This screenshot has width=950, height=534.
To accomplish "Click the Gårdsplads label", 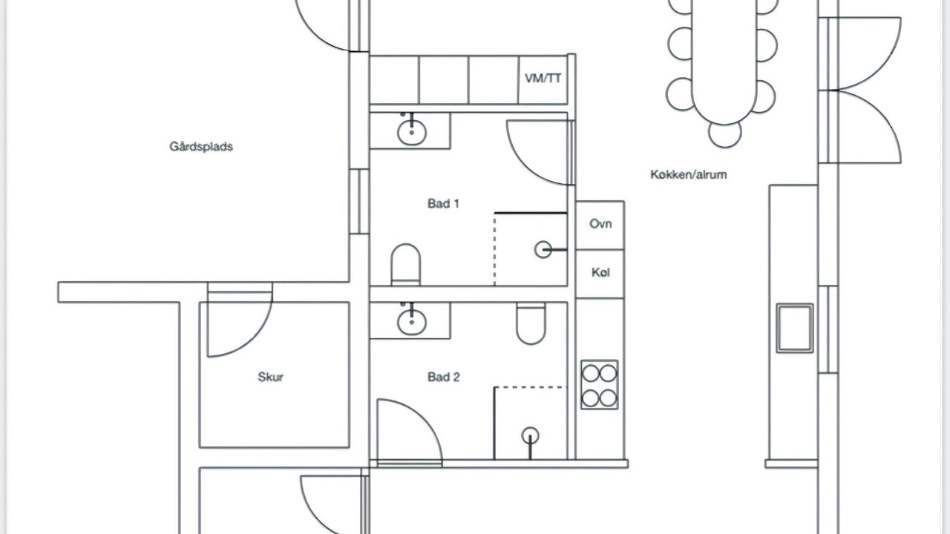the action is point(201,147).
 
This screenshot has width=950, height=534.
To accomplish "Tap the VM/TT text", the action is point(543,79).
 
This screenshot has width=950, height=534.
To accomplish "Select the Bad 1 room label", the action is point(443,204).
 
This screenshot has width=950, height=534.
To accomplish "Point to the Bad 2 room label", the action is point(444,377).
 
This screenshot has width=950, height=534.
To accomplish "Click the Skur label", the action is point(271,377).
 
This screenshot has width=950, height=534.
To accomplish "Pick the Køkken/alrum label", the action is point(688,174).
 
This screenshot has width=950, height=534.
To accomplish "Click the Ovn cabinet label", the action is point(600,224).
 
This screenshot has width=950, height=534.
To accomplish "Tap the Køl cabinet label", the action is point(600,272).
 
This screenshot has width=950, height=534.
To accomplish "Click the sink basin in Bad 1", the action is point(411,132).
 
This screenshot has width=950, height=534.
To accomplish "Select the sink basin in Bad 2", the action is point(411,322).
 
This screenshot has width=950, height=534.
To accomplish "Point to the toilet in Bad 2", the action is point(531,323).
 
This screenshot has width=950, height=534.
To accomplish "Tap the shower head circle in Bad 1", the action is point(543,250).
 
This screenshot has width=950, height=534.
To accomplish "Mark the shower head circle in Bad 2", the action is point(530,435).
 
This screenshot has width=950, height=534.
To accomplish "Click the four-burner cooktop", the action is point(599,385).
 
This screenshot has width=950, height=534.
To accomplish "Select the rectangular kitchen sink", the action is point(795,328).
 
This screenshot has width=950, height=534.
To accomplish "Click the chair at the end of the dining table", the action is point(725,134).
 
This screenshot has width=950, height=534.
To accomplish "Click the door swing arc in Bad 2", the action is point(424,420).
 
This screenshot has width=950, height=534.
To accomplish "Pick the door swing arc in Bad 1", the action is point(526,165).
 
